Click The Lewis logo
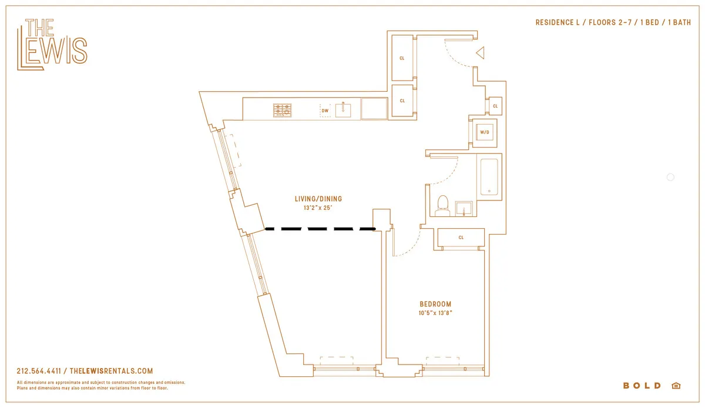tap(52, 45)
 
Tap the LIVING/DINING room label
tap(318, 199)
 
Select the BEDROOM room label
tap(435, 304)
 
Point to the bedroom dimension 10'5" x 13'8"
tap(435, 313)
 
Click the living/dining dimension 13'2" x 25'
tap(318, 208)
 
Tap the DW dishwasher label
tap(324, 111)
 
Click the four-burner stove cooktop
tap(282, 110)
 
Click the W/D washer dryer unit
tap(485, 132)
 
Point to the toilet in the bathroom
tap(443, 205)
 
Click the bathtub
tap(489, 176)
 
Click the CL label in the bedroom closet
tap(461, 238)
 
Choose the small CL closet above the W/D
tap(495, 106)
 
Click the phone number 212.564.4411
tap(41, 371)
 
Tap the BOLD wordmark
tap(642, 386)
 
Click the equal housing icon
tap(675, 386)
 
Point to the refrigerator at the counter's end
tap(374, 109)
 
